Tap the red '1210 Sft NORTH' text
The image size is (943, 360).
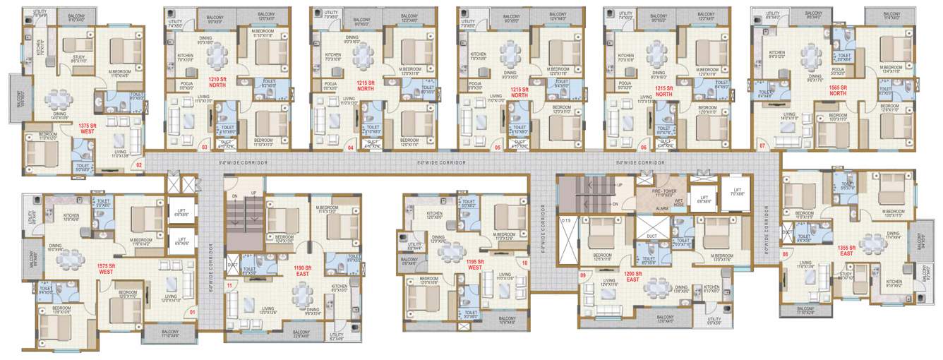tap(217, 83)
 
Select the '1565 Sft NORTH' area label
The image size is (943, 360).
tap(838, 89)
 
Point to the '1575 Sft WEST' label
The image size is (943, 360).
tap(106, 269)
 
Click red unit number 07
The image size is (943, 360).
tap(762, 145)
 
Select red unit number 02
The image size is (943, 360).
tap(139, 165)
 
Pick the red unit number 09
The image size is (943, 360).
tap(583, 276)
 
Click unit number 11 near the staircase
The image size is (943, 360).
tap(229, 285)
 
